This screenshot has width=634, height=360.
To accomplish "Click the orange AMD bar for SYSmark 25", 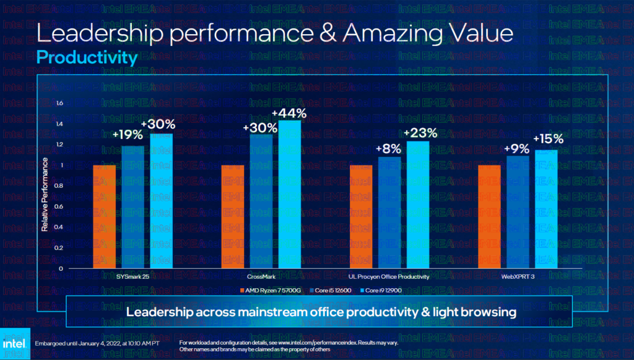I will [104, 217].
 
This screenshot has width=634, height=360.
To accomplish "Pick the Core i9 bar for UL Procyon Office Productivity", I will [418, 205].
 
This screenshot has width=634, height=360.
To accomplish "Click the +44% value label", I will [289, 113].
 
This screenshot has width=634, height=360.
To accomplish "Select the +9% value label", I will [516, 149].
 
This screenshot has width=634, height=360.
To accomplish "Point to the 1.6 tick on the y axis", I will [59, 103].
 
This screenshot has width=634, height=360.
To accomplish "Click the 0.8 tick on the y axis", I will [59, 186].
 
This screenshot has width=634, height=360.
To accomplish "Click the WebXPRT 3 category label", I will [518, 276].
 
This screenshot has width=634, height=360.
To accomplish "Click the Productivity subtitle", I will [86, 58].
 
